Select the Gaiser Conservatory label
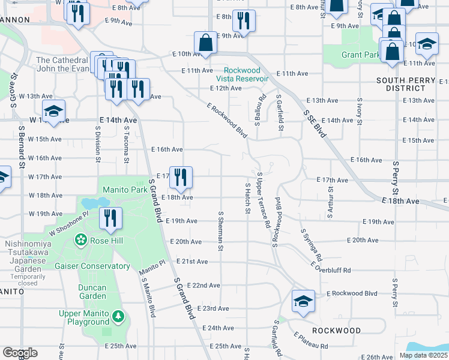tap(92, 266)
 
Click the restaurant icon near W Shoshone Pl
tap(110, 218)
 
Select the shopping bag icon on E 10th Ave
tap(205, 43)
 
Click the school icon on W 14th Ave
tap(53, 112)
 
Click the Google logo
tap(20, 353)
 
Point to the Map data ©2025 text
tap(423, 355)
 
